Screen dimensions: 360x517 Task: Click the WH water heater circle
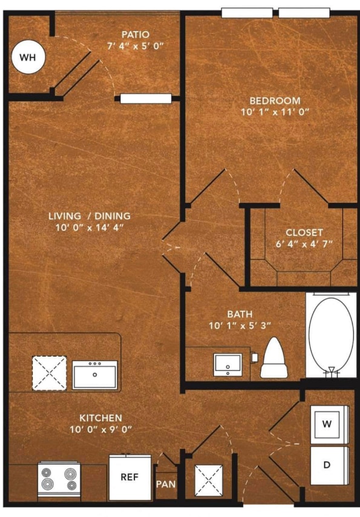[x=28, y=57]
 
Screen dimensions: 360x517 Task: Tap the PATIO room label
[x=136, y=35]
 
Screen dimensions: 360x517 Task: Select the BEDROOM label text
[x=275, y=100]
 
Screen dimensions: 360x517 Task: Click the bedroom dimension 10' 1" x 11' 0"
[x=275, y=112]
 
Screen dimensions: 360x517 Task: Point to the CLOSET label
[x=304, y=232]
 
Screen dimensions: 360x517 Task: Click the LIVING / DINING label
[x=90, y=216]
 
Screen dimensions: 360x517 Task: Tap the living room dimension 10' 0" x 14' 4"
[x=90, y=228]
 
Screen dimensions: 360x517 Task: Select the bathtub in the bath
[x=331, y=335]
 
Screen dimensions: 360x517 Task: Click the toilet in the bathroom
[x=274, y=358]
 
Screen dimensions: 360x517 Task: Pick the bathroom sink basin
[x=227, y=364]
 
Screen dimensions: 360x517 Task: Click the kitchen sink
[x=94, y=375]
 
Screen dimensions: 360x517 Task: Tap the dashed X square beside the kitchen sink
[x=49, y=373]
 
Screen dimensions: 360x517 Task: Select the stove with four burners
[x=59, y=479]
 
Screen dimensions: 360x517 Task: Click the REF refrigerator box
[x=130, y=478]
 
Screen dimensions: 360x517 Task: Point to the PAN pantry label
[x=166, y=484]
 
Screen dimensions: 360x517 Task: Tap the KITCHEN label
[x=101, y=418]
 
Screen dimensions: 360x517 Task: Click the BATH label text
[x=240, y=314]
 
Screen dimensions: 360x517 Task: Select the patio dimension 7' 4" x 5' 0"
[x=136, y=46]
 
